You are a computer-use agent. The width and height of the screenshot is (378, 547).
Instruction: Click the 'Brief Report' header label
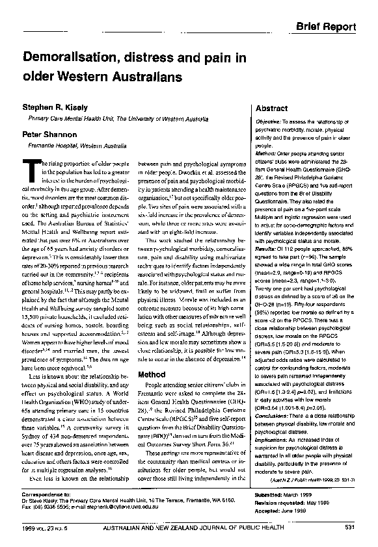pos(326,27)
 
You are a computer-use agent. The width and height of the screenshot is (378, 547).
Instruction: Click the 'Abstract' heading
pos(272,108)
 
